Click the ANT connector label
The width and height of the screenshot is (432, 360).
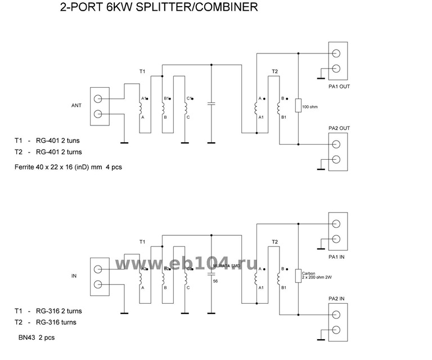[x=77, y=105]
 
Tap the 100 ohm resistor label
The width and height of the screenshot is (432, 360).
[x=310, y=106]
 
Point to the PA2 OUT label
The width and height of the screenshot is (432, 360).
[x=339, y=128]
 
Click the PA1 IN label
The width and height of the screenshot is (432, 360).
[x=338, y=256]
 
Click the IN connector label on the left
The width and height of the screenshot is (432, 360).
[x=74, y=277]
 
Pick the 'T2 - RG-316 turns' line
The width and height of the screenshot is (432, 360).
[x=46, y=322]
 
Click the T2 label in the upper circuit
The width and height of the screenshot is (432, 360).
[x=274, y=72]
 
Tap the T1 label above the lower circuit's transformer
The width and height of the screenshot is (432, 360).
[x=142, y=242]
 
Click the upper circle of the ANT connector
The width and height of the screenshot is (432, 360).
[x=98, y=100]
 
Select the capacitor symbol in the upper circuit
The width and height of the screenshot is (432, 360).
[x=211, y=104]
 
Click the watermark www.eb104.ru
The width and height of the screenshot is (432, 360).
[x=186, y=264]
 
